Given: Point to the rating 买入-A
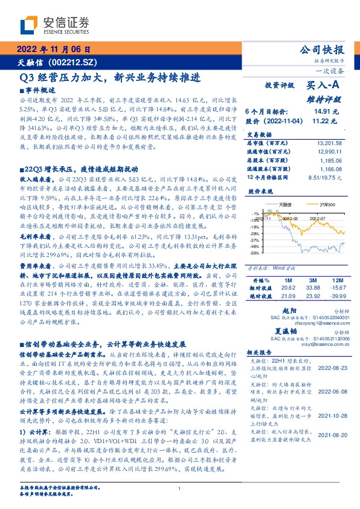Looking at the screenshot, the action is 320,86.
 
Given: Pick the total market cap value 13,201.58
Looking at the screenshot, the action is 330,142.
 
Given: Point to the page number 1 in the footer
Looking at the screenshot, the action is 179,489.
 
